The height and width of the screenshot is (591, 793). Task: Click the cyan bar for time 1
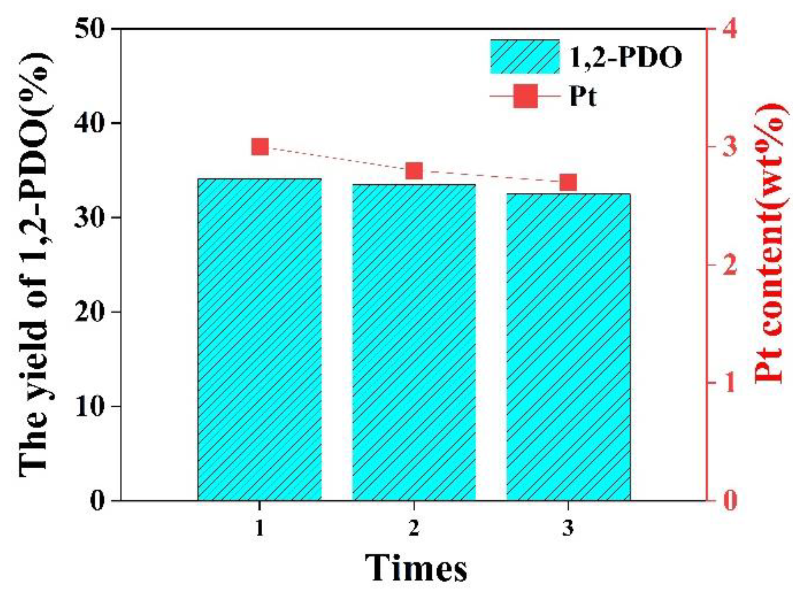tap(259, 339)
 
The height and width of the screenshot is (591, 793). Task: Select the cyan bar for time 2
tap(414, 342)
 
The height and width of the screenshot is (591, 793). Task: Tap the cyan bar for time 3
tap(568, 347)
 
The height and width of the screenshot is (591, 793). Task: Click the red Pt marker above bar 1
tap(260, 147)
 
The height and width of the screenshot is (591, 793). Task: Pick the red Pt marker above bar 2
tap(414, 171)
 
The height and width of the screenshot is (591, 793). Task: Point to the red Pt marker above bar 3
tap(568, 183)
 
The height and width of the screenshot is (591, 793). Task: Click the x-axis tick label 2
tap(414, 528)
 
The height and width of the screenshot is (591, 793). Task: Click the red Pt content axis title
tap(770, 243)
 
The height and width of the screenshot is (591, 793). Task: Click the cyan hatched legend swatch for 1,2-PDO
tap(524, 57)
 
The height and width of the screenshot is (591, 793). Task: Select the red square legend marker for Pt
tap(525, 96)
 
